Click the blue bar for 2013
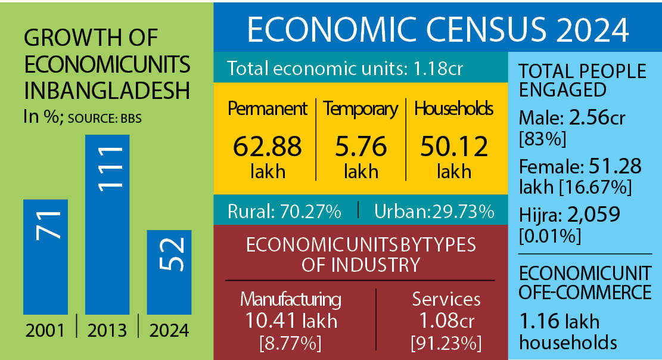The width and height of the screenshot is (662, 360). [107, 224]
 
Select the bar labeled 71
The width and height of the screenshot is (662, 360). [45, 256]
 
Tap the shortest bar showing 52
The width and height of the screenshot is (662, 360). [169, 272]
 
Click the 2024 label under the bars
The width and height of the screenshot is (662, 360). [169, 330]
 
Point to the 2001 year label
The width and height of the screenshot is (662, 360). [45, 330]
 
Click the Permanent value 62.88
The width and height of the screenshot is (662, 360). [268, 147]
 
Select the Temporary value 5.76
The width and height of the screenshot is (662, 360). [360, 147]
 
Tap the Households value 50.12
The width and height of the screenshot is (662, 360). [454, 147]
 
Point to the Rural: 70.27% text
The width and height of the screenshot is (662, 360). [284, 211]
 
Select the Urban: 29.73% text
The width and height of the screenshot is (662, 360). [434, 211]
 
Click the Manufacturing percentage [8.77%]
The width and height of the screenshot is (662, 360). [291, 343]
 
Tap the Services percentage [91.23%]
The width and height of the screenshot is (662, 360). [446, 343]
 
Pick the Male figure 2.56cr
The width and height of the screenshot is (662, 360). [596, 118]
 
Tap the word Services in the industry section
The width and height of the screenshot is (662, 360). [446, 299]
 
